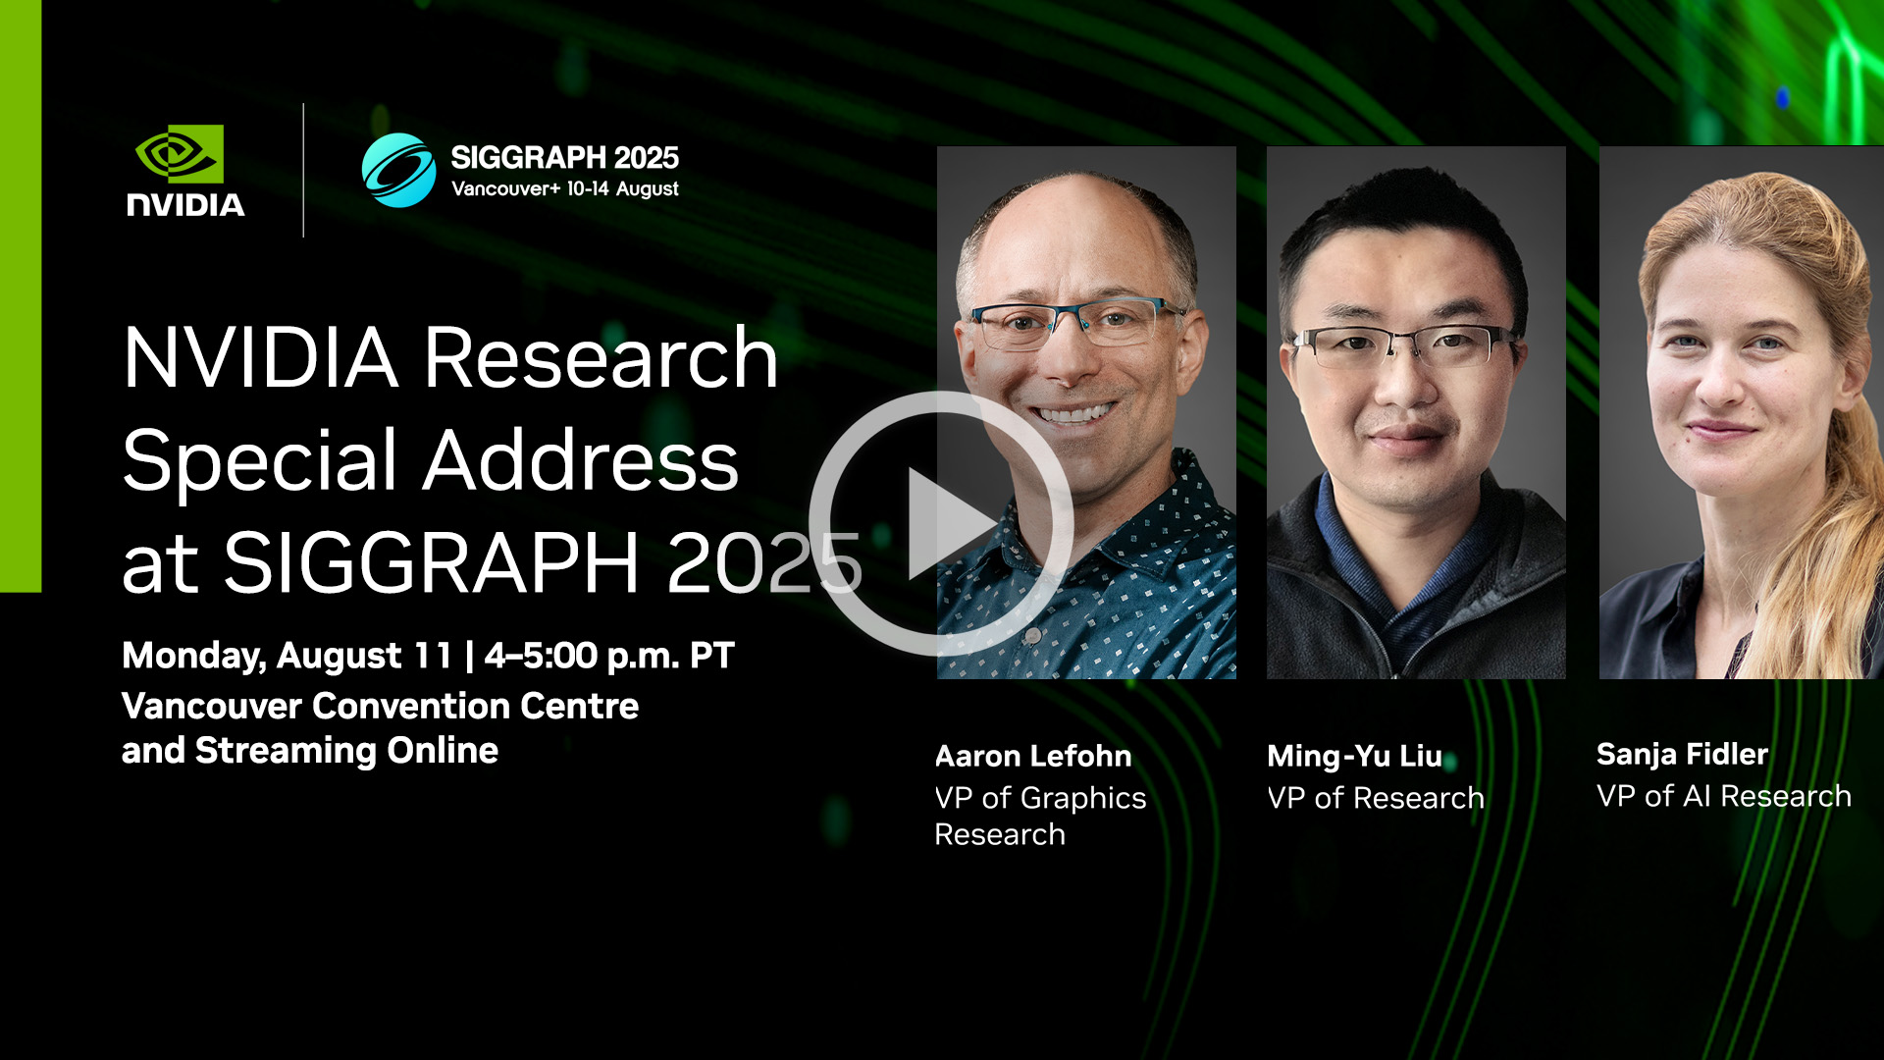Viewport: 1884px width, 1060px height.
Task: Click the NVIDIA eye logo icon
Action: [180, 153]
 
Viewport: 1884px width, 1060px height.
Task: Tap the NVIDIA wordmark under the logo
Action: [185, 204]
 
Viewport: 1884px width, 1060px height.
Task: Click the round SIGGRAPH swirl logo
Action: [398, 170]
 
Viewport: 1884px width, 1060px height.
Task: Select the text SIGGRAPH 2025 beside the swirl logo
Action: [564, 157]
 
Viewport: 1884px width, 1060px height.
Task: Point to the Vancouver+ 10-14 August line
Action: [564, 188]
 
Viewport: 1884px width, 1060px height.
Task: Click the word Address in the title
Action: [581, 460]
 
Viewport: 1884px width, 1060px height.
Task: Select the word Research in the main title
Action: [601, 358]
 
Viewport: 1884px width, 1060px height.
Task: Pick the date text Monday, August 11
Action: [287, 655]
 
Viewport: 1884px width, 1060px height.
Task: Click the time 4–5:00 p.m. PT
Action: [609, 655]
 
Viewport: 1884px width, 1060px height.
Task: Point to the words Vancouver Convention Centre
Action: [380, 706]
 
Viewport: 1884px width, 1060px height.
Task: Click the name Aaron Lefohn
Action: [1033, 756]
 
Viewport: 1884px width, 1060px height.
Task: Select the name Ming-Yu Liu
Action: [1354, 756]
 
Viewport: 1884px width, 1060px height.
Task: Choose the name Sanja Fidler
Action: [1682, 754]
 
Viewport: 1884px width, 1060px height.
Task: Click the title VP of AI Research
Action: [1723, 796]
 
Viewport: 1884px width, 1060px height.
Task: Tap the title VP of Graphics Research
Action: [1039, 816]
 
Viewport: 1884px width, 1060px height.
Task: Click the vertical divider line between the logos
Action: [303, 170]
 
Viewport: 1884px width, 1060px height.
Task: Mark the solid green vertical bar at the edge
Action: [21, 294]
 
